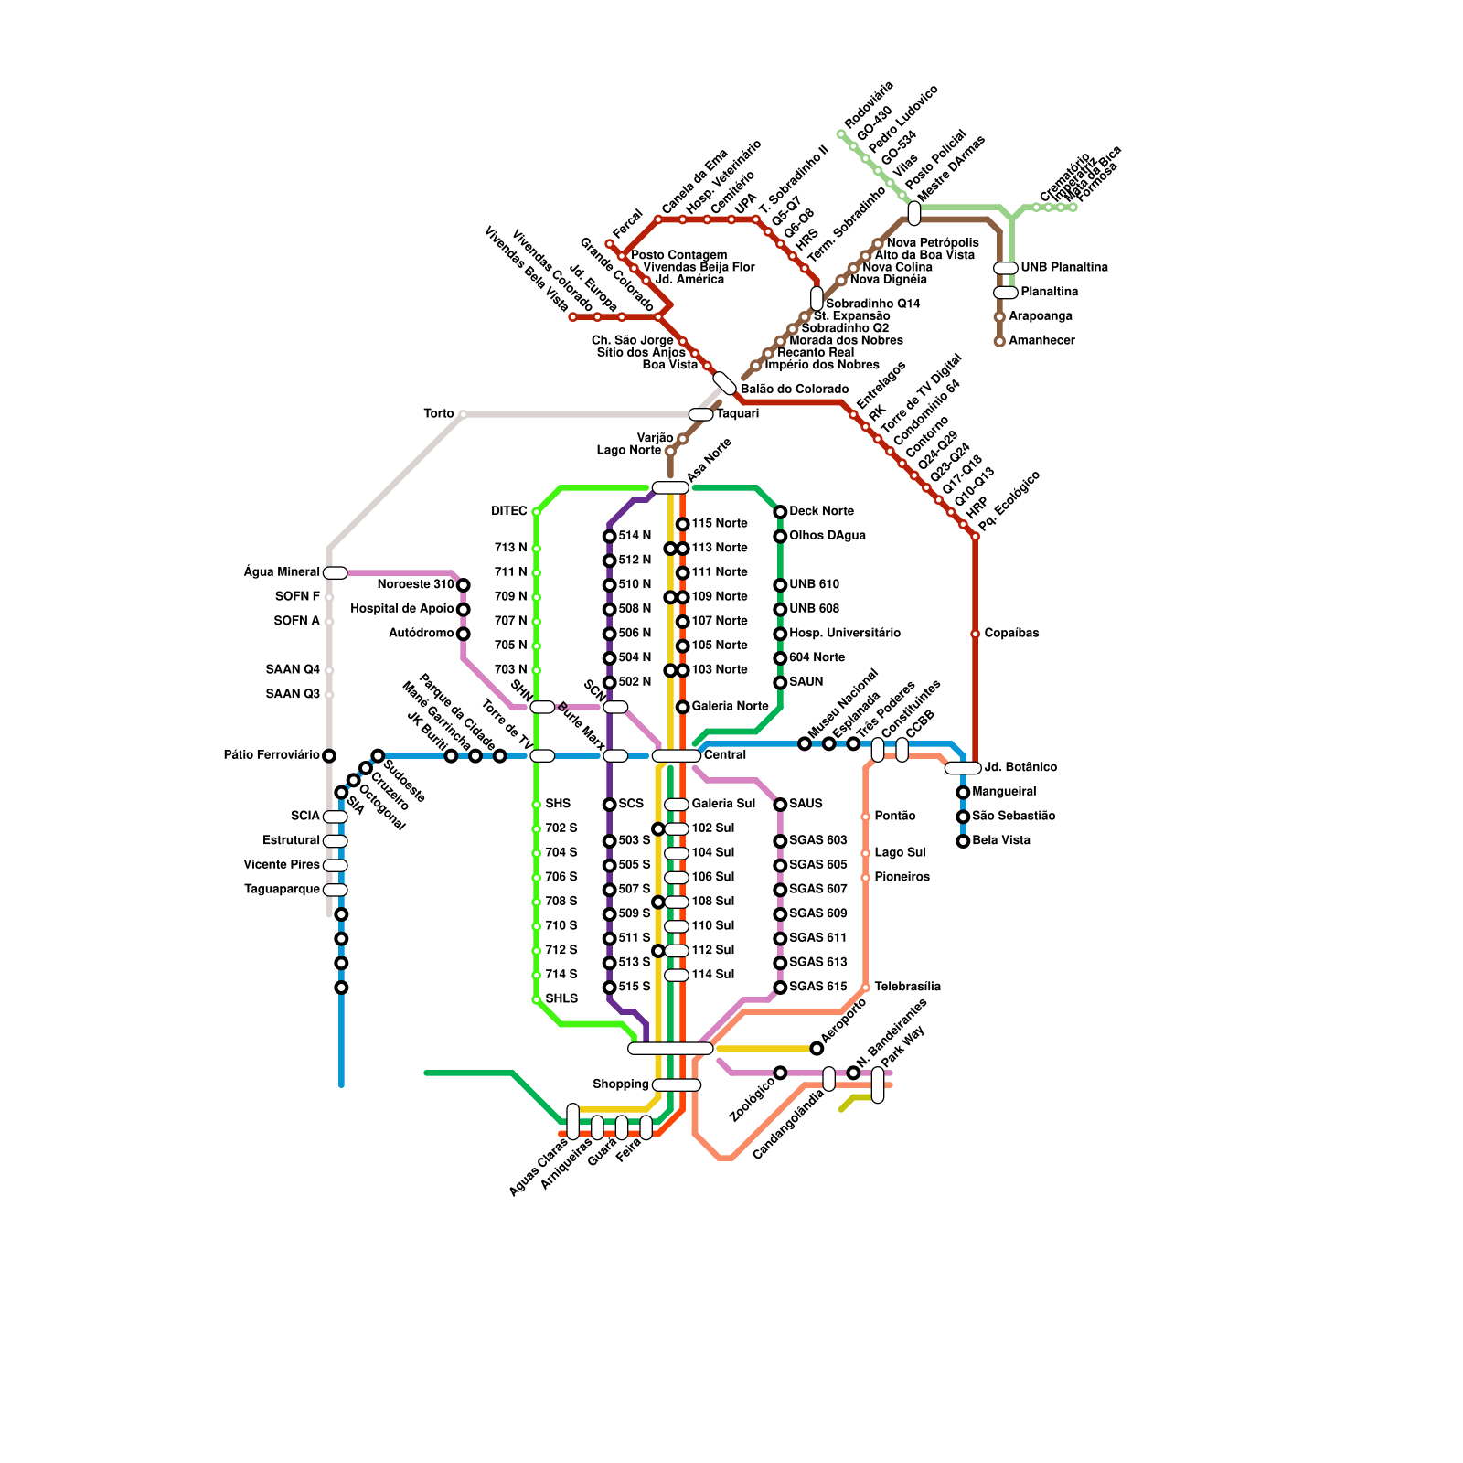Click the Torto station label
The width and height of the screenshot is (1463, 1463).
(438, 414)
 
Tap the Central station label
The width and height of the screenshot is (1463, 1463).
(725, 755)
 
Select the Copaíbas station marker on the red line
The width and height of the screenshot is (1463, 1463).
(975, 634)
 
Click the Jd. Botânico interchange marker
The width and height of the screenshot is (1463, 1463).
(962, 768)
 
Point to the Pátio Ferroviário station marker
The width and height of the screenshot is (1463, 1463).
(329, 755)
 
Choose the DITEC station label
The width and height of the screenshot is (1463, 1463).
(508, 511)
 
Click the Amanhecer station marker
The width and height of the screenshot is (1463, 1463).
(999, 341)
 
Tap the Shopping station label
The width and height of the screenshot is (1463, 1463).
(620, 1084)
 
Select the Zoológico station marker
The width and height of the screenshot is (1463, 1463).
(780, 1073)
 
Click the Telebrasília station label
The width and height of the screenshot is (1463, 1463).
(907, 988)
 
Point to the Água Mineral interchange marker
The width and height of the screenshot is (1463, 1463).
(335, 573)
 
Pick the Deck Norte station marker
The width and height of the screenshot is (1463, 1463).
(780, 512)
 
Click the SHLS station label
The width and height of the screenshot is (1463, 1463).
(561, 999)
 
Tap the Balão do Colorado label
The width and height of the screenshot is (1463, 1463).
(795, 390)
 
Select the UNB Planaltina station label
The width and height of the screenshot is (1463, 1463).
(1064, 268)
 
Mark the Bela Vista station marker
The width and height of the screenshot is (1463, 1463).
(963, 841)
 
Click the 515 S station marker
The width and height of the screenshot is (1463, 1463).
(609, 988)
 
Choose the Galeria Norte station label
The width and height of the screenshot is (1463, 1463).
(730, 707)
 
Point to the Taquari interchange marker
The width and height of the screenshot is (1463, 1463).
(700, 415)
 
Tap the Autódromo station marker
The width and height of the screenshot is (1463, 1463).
(464, 634)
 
